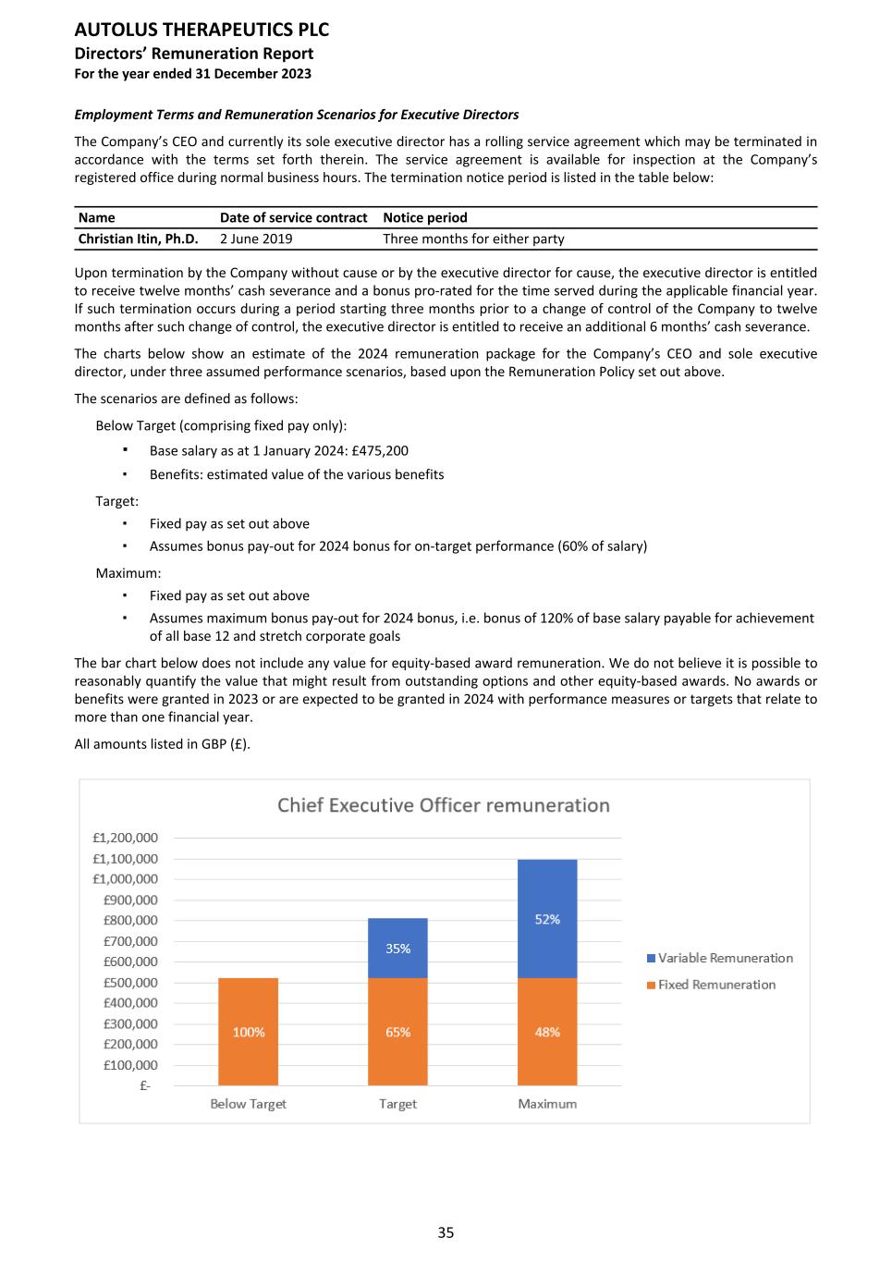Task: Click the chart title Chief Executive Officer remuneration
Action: click(x=444, y=805)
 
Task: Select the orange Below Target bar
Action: click(x=248, y=1032)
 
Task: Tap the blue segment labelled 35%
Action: click(x=397, y=949)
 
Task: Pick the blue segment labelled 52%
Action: click(x=547, y=919)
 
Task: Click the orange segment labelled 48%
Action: click(x=547, y=1032)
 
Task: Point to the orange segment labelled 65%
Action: click(x=397, y=1032)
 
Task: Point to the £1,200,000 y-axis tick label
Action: click(x=125, y=838)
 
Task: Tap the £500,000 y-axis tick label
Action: click(x=129, y=982)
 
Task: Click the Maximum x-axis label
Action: click(x=547, y=1104)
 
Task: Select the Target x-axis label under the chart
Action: click(x=397, y=1104)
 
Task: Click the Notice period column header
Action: click(x=425, y=218)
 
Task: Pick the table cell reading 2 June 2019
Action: click(x=256, y=239)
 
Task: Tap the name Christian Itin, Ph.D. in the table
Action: click(x=138, y=239)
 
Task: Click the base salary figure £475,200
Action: click(x=380, y=451)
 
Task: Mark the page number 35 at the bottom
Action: click(x=446, y=1232)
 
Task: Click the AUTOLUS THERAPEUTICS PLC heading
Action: click(x=202, y=30)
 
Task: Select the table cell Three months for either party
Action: click(x=473, y=239)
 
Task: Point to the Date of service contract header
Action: click(x=293, y=218)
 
